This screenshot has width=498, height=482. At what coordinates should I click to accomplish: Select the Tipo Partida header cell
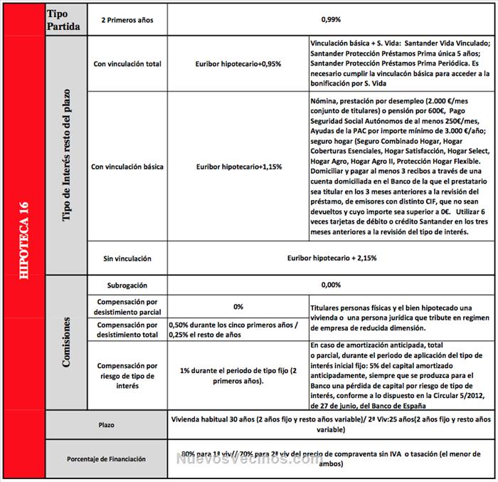click(x=65, y=19)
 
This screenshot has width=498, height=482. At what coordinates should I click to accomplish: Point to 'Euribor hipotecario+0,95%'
click(x=238, y=63)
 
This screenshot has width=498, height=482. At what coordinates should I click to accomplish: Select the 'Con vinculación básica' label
click(x=128, y=167)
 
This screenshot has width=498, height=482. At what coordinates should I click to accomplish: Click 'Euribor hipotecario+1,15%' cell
click(x=238, y=167)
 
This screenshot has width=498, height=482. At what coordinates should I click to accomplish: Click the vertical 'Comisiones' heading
click(x=65, y=343)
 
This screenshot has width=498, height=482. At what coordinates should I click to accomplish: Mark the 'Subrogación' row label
click(x=127, y=285)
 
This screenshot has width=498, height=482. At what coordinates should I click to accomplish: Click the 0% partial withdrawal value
click(x=238, y=306)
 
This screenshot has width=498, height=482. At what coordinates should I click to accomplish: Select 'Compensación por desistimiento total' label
click(x=128, y=328)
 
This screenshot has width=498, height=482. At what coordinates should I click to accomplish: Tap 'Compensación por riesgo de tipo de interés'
click(x=128, y=375)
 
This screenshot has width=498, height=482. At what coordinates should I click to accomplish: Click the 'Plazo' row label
click(x=107, y=425)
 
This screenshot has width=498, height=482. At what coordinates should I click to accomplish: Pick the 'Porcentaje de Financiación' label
click(x=106, y=459)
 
